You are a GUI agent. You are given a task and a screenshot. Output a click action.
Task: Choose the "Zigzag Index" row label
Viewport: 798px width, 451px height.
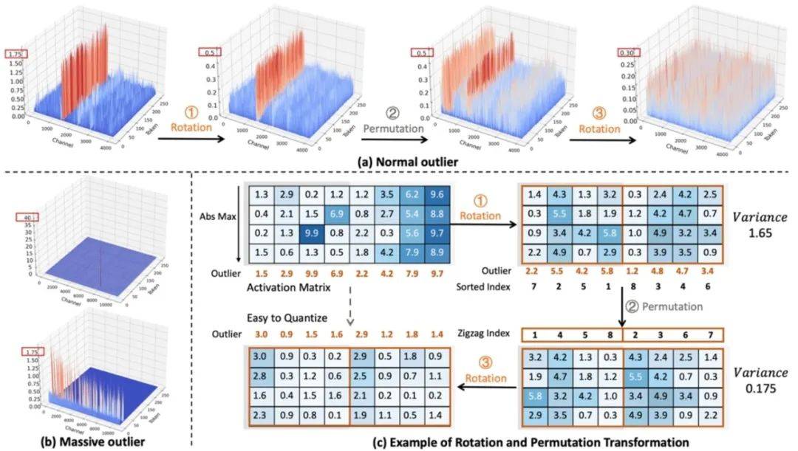(x=485, y=334)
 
